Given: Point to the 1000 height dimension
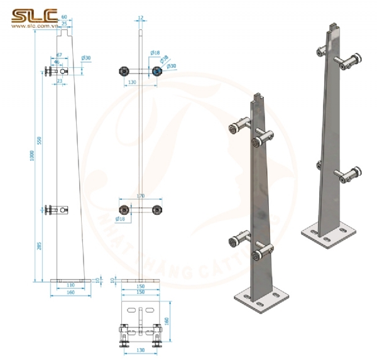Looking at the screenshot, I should pyautogui.click(x=31, y=155).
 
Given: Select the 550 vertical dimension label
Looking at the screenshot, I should pyautogui.click(x=39, y=141).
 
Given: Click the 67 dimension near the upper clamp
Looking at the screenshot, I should pyautogui.click(x=58, y=55).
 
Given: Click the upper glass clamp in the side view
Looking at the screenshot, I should pyautogui.click(x=53, y=72).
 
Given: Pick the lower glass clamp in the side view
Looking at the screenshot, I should pyautogui.click(x=53, y=210).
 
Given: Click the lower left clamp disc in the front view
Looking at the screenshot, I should pyautogui.click(x=124, y=210).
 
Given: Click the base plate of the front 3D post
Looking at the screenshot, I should pyautogui.click(x=259, y=301).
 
